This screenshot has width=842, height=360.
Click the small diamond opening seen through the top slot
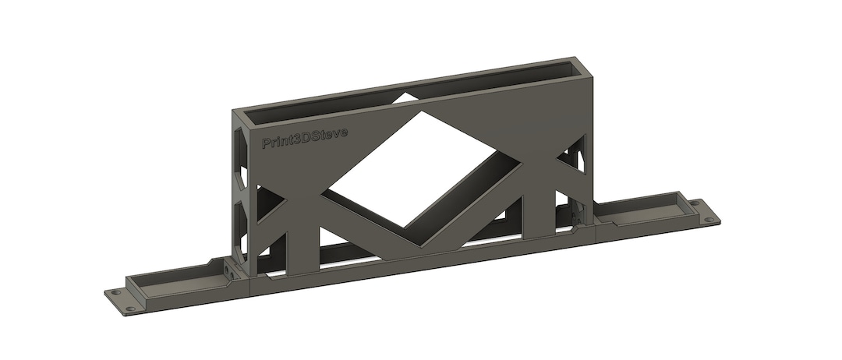pyautogui.click(x=405, y=98)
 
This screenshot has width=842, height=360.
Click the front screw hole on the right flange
pyautogui.click(x=709, y=220)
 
